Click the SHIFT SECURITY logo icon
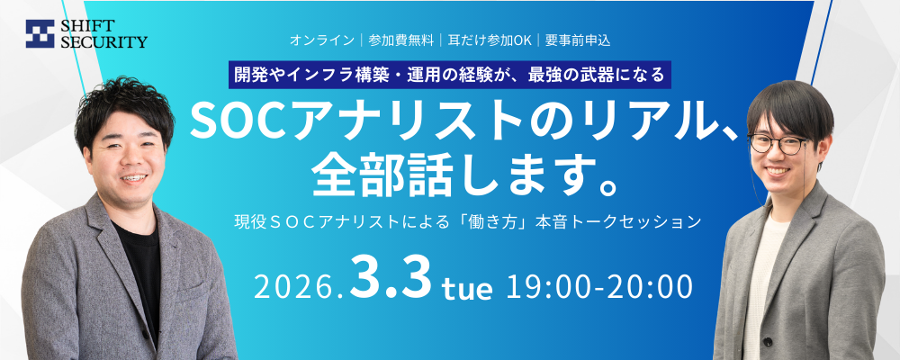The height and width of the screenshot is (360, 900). click(x=40, y=34)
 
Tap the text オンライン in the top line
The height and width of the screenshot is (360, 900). click(x=321, y=40)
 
